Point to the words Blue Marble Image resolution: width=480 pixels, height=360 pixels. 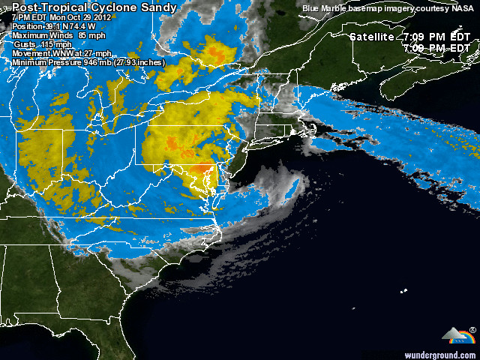pyautogui.click(x=325, y=8)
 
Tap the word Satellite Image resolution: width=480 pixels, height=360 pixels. pyautogui.click(x=373, y=37)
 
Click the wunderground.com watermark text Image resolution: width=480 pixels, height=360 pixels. pyautogui.click(x=440, y=354)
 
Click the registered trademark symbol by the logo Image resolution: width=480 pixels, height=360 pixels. pyautogui.click(x=472, y=330)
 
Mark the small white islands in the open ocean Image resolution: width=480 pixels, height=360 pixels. pyautogui.click(x=405, y=290)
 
